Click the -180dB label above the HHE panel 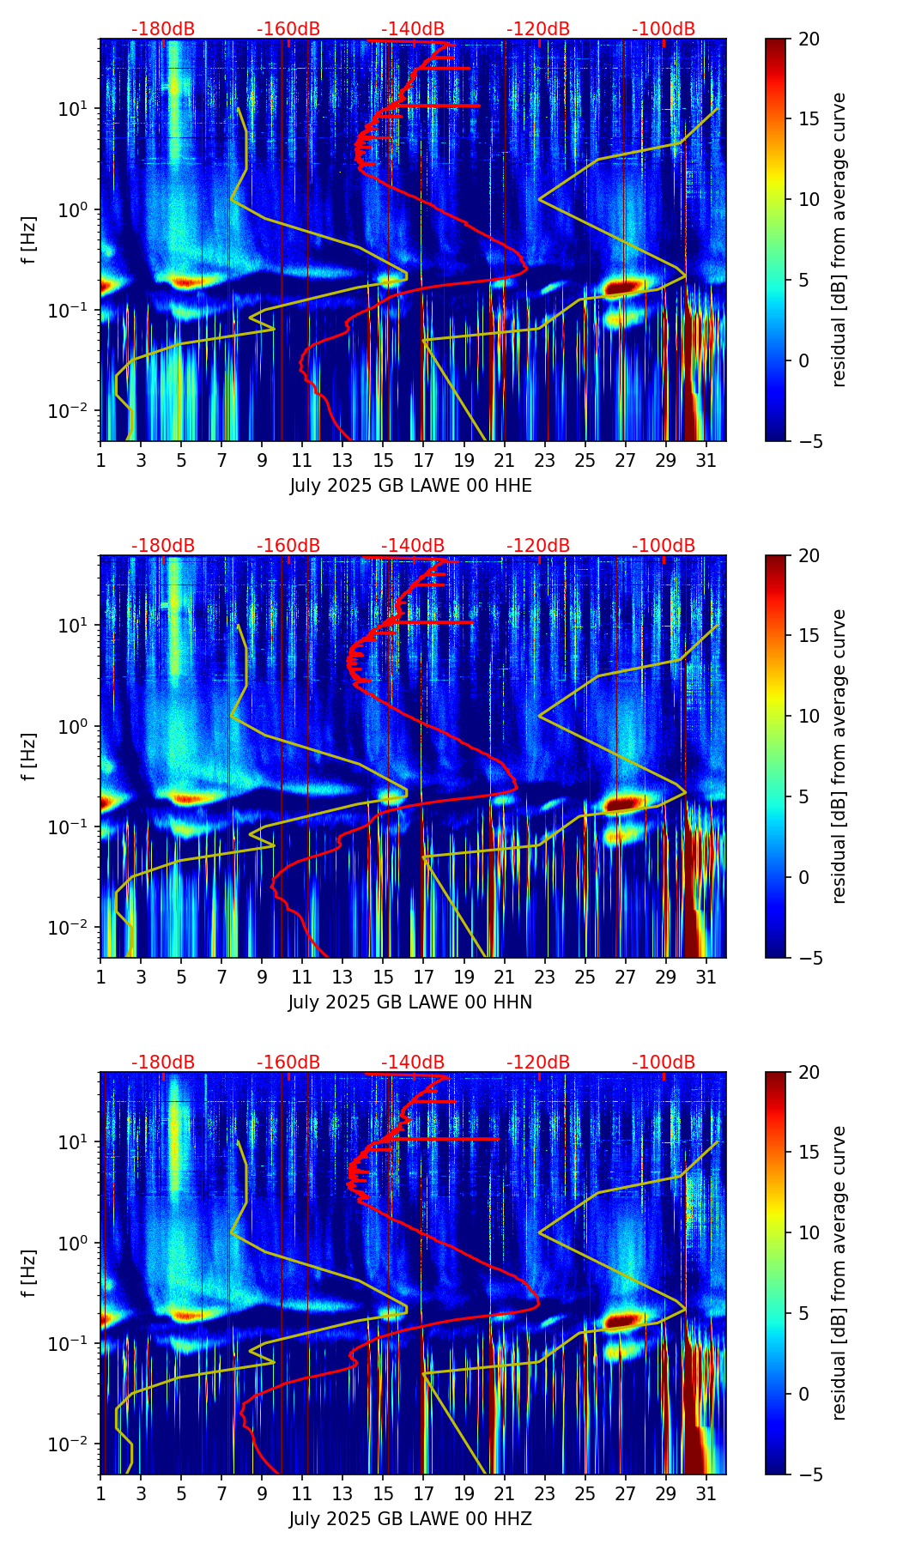pos(163,29)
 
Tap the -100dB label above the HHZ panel pos(664,1063)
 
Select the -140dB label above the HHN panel pos(413,546)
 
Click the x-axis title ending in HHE pos(410,486)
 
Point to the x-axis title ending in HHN pos(410,1002)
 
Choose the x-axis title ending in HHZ pos(410,1519)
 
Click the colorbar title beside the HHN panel pos(839,756)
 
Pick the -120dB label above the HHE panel pos(538,29)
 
